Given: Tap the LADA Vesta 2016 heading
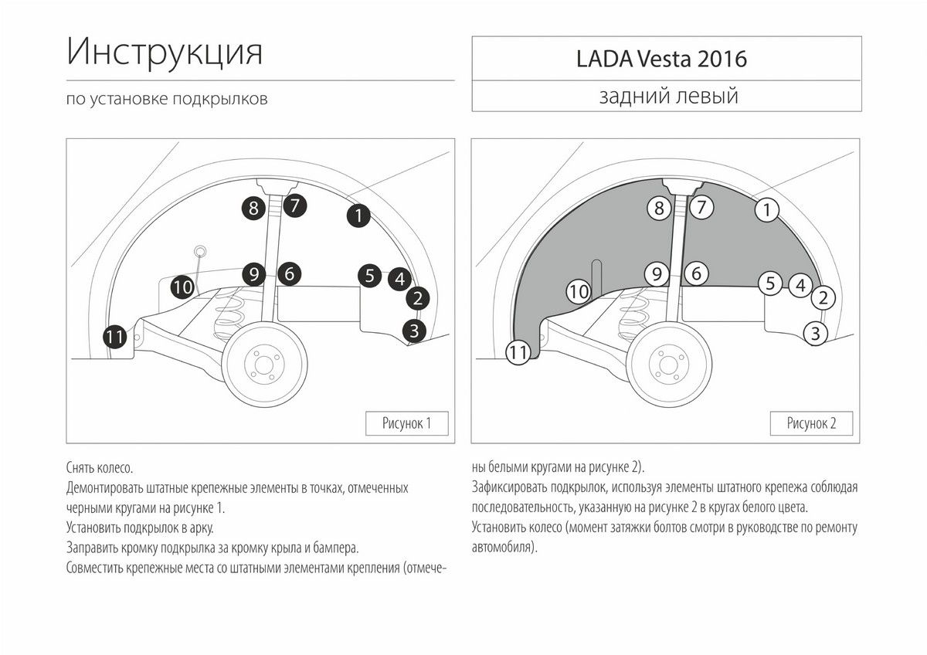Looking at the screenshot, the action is pyautogui.click(x=661, y=59).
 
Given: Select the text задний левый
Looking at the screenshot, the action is pyautogui.click(x=668, y=96).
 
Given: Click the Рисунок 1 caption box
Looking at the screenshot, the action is pyautogui.click(x=407, y=423).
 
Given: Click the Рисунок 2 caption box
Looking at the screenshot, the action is pyautogui.click(x=811, y=423).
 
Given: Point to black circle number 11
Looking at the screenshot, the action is pyautogui.click(x=114, y=337).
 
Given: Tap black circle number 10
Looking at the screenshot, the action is pyautogui.click(x=182, y=287).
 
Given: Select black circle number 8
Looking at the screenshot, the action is pyautogui.click(x=253, y=208).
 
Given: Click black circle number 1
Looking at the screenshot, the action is pyautogui.click(x=358, y=216).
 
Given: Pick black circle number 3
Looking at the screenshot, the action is pyautogui.click(x=414, y=331).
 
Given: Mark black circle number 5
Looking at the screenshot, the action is pyautogui.click(x=369, y=276).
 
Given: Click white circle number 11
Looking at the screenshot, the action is pyautogui.click(x=518, y=352).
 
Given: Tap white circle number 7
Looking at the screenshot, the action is pyautogui.click(x=701, y=207).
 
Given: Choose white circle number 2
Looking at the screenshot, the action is pyautogui.click(x=823, y=297).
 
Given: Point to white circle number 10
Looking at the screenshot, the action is pyautogui.click(x=579, y=292).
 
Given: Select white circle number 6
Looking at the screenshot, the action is pyautogui.click(x=696, y=273).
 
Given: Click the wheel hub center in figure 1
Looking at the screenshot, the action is pyautogui.click(x=264, y=365).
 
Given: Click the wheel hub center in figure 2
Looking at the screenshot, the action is pyautogui.click(x=669, y=365).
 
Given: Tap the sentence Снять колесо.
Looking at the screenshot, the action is pyautogui.click(x=100, y=468).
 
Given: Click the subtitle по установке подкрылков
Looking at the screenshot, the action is pyautogui.click(x=167, y=99).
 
